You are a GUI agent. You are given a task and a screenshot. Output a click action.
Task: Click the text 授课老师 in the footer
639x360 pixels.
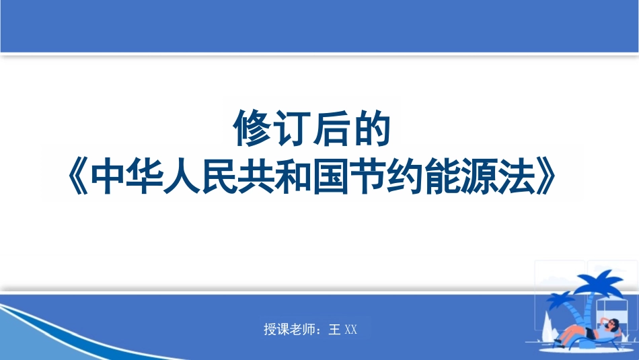pos(291,330)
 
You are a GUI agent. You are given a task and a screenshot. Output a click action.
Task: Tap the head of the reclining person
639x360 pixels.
pos(613,324)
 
